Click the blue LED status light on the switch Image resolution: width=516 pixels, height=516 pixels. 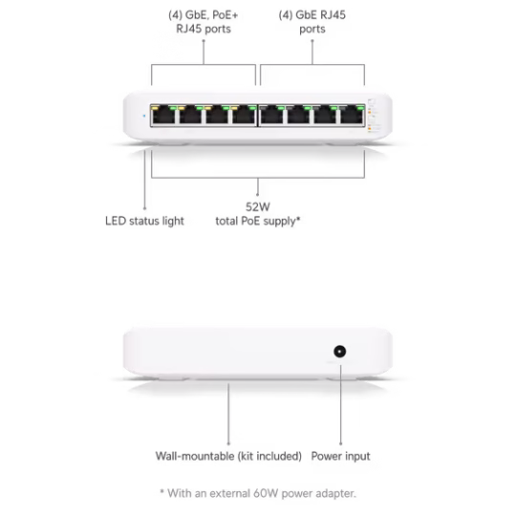pos(144,116)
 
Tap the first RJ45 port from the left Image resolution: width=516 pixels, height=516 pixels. pos(164,116)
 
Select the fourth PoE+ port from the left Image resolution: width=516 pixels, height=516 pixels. pos(244,116)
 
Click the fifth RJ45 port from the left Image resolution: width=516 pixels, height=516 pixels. pos(271,116)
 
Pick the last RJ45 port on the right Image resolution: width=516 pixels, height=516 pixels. pos(353,116)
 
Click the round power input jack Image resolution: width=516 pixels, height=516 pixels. pos(339,352)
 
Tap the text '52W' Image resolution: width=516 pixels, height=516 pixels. pos(258,207)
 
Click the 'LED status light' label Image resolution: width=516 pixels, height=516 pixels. pos(144,221)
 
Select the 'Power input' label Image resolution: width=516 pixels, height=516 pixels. pos(340,457)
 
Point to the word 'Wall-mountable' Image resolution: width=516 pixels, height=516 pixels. pos(195,457)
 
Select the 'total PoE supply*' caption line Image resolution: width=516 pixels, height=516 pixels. pos(258,221)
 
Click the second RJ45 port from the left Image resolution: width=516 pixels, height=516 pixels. pos(190,116)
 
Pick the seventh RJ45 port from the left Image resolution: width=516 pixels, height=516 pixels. pos(325,116)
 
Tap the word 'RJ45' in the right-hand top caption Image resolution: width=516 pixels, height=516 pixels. pos(332,15)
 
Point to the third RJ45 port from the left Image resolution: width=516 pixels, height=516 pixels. pos(217,116)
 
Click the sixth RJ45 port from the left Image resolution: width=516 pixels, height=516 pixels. pos(298,116)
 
